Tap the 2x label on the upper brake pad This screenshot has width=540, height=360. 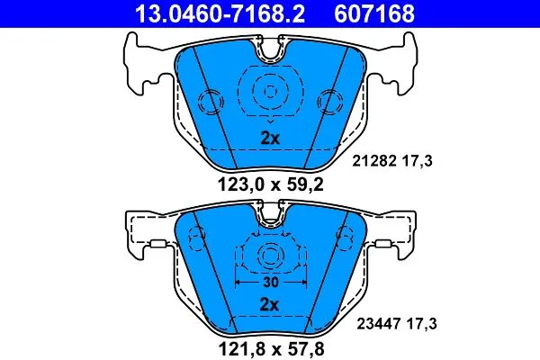point(270,138)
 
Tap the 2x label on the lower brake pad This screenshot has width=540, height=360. point(270,306)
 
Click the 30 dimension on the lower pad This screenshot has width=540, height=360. point(269,281)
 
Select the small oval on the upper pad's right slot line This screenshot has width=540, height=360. point(328,101)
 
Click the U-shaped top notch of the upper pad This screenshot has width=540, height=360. point(270,53)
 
